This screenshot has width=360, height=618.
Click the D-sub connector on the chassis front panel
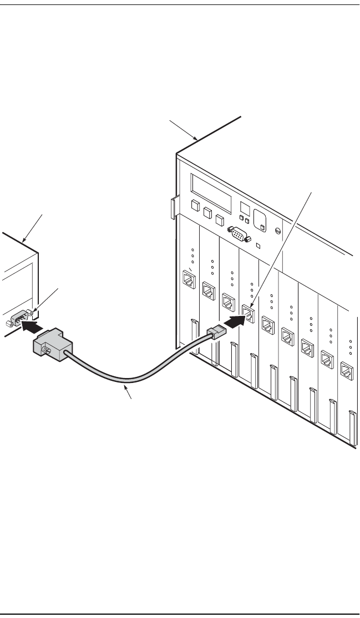coord(237,236)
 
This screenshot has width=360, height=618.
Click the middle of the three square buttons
coord(207,212)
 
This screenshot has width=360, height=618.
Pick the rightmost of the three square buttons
coord(220,219)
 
